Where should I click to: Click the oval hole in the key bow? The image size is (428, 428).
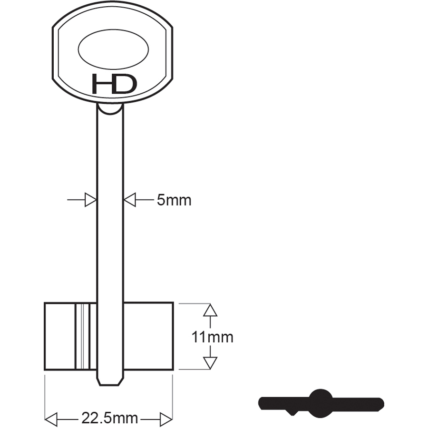[113, 49]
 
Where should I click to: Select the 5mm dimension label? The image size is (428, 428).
[174, 200]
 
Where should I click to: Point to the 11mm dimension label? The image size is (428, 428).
[213, 337]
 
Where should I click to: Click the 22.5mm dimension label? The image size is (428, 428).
[110, 418]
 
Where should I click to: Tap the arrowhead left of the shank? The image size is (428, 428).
[91, 200]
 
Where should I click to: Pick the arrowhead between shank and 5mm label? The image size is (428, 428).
[130, 200]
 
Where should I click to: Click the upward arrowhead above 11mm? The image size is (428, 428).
[210, 310]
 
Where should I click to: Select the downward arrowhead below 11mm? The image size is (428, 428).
[210, 363]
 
